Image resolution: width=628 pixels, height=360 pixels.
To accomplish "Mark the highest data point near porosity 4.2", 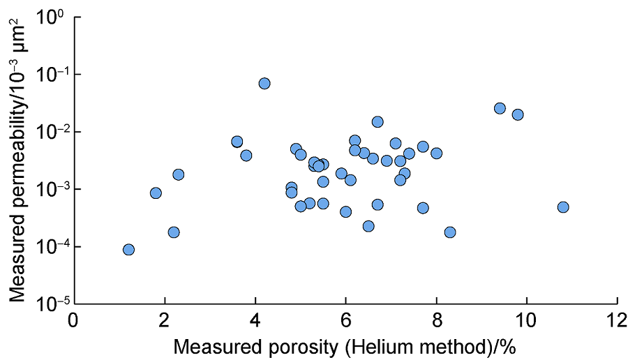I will tap(264, 83).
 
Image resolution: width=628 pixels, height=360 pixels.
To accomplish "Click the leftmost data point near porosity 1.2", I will tap(128, 250).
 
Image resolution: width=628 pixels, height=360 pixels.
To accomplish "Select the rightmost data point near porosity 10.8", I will tap(563, 207).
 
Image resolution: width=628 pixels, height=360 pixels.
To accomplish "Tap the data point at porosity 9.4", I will tap(500, 108).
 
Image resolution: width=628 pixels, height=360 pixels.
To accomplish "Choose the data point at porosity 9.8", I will tap(518, 114).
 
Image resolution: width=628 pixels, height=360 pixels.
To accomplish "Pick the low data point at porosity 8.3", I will tap(450, 232).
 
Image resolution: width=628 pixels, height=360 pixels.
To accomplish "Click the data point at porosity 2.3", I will tap(179, 174).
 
